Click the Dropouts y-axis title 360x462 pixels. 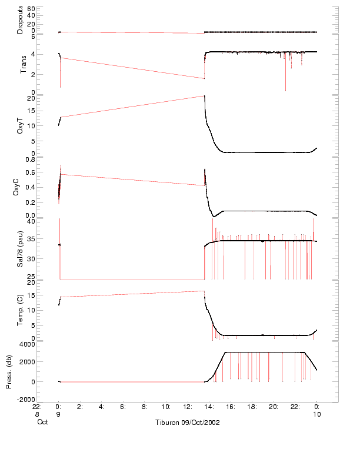pyautogui.click(x=20, y=20)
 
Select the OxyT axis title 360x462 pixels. pyautogui.click(x=20, y=125)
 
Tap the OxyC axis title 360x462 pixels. pyautogui.click(x=20, y=187)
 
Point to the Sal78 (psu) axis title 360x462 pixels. pyautogui.click(x=20, y=248)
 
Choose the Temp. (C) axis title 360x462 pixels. pyautogui.click(x=20, y=310)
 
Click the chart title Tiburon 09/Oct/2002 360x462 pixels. pyautogui.click(x=186, y=423)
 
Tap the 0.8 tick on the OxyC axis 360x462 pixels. pyautogui.click(x=30, y=159)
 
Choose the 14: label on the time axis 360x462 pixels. pyautogui.click(x=209, y=406)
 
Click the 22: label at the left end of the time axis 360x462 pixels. pyautogui.click(x=36, y=406)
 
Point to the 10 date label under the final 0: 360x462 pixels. pyautogui.click(x=316, y=414)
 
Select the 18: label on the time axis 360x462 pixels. pyautogui.click(x=252, y=406)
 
